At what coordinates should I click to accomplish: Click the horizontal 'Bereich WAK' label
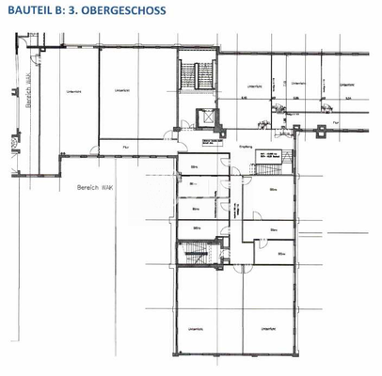click(88, 188)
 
